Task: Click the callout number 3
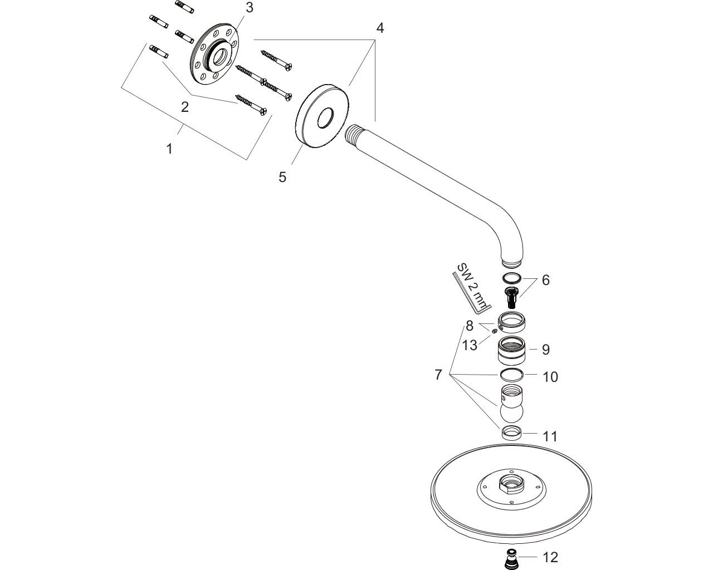pos(249,8)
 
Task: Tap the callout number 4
pos(379,28)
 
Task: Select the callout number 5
pos(282,177)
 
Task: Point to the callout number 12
pos(550,557)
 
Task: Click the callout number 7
pos(438,375)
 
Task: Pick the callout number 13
pos(470,345)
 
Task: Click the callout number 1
pos(169,149)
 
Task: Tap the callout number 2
pos(184,107)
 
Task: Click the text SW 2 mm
pos(471,287)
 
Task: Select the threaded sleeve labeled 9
pos(512,350)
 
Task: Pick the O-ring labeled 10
pos(512,375)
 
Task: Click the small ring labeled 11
pos(511,431)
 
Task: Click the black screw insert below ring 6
pos(511,297)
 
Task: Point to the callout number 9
pos(546,350)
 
